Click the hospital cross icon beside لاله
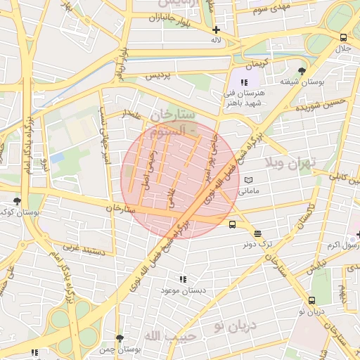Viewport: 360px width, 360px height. (x=216, y=30)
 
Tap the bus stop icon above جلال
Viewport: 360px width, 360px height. (x=342, y=38)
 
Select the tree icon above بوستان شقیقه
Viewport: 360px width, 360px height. (x=302, y=71)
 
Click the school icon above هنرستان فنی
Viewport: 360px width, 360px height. (x=244, y=83)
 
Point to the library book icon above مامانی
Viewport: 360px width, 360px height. (x=248, y=180)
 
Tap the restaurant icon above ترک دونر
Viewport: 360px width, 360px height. (x=257, y=233)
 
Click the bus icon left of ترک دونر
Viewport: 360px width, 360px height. (x=232, y=225)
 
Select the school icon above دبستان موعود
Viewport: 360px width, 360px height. (x=184, y=279)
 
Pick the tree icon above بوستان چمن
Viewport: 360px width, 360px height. (x=120, y=338)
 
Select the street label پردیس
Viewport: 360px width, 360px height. (x=159, y=77)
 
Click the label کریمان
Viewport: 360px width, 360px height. (x=257, y=63)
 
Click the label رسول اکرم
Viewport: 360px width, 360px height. (x=343, y=245)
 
